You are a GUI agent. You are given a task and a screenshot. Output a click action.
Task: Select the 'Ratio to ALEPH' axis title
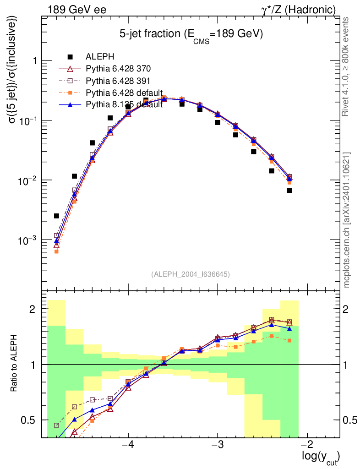[13, 363]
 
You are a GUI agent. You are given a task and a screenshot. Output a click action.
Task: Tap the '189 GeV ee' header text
[77, 10]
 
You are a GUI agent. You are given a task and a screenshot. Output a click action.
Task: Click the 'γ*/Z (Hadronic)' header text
[298, 10]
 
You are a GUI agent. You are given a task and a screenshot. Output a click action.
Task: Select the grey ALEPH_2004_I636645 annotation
[191, 274]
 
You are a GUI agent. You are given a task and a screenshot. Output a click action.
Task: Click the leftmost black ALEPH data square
[56, 216]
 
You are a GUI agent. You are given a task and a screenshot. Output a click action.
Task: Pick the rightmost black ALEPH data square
[289, 190]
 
